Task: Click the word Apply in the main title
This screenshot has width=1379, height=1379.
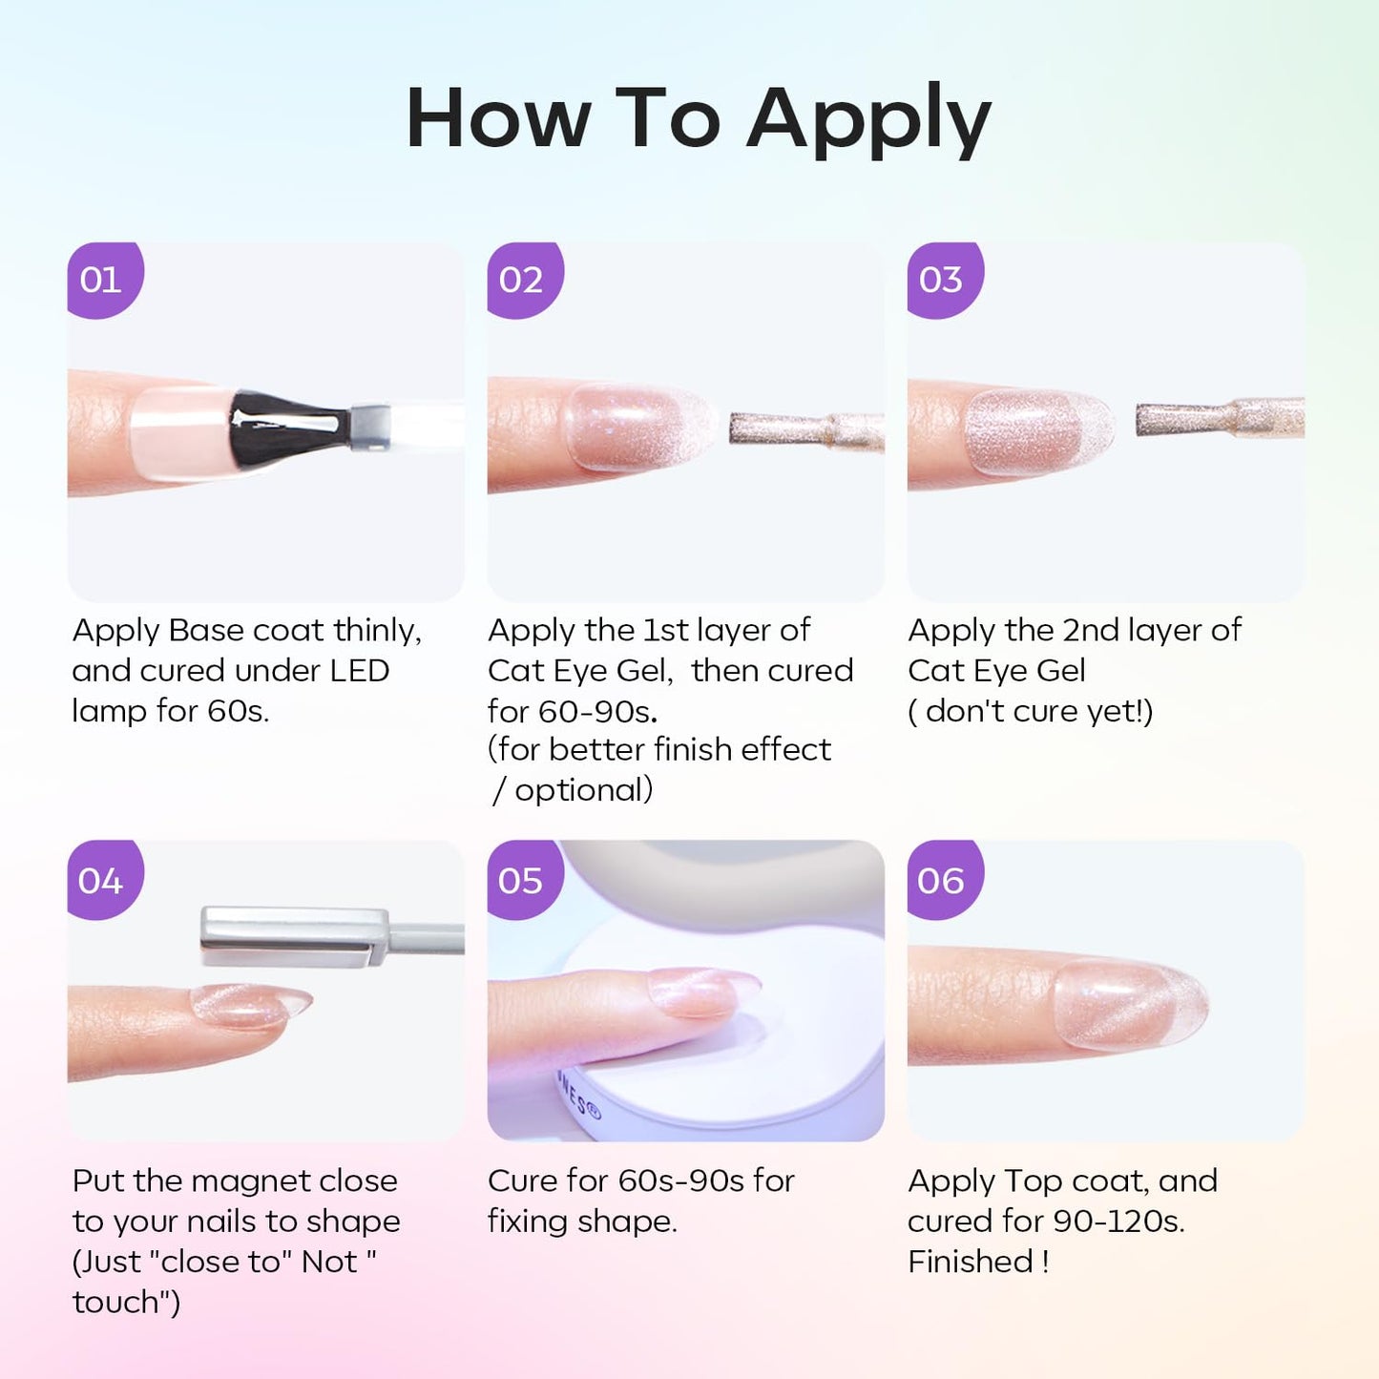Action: (868, 121)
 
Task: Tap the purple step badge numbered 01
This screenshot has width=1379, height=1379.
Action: (105, 280)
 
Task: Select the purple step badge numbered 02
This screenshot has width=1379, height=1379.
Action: (525, 280)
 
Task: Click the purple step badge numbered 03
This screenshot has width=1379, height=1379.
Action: (946, 280)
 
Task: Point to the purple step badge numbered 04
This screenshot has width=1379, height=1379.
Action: (105, 880)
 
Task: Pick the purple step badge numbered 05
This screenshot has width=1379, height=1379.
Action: (525, 880)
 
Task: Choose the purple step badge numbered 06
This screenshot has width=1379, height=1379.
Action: (946, 880)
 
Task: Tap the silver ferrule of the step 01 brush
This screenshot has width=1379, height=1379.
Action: (370, 428)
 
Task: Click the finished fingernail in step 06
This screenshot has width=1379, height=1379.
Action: (1131, 1005)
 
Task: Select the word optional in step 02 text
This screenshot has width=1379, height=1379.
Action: (583, 791)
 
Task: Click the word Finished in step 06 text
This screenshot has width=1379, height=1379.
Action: (963, 1262)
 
